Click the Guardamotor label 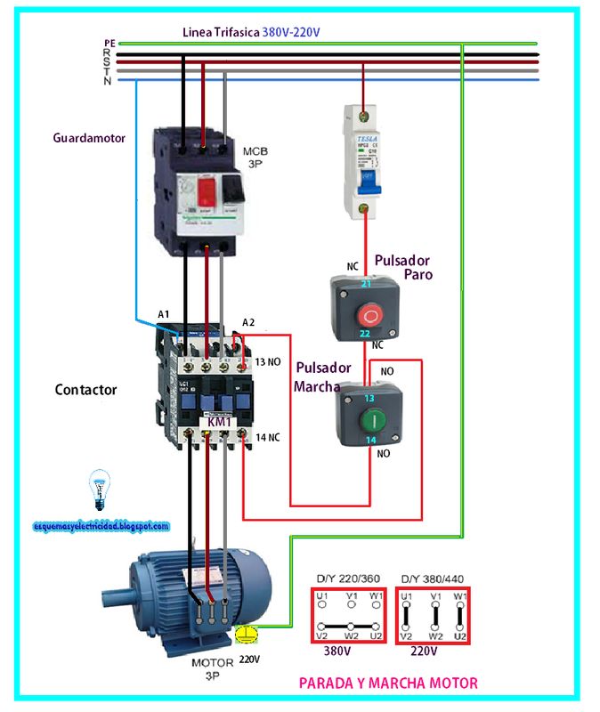89,139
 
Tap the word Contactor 85,390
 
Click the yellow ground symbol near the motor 249,634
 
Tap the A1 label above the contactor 164,315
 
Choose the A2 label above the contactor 249,321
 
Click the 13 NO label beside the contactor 269,362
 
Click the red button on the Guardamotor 207,191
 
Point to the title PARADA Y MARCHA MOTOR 388,684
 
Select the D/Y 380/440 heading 434,578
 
